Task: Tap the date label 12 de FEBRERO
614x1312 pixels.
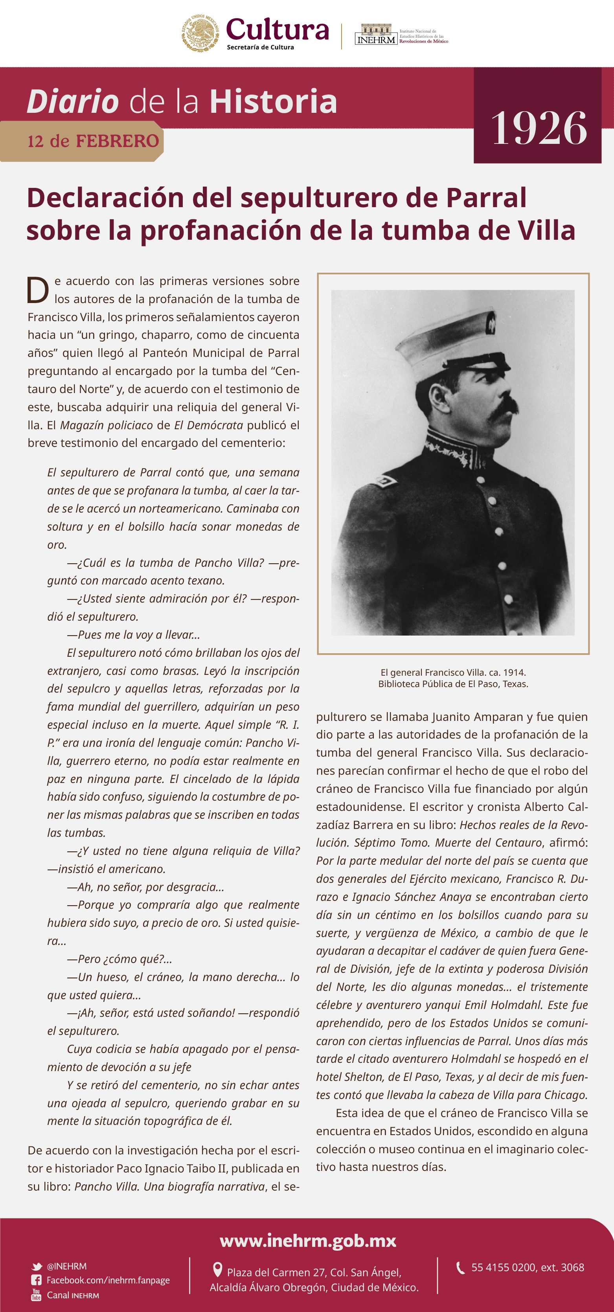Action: [93, 141]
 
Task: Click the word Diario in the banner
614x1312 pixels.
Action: [73, 101]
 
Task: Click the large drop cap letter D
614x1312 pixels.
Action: [38, 291]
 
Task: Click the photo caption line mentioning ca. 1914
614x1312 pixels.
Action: [453, 672]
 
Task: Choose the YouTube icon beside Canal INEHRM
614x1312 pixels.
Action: [36, 1294]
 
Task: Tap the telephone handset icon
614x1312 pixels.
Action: [460, 1268]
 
